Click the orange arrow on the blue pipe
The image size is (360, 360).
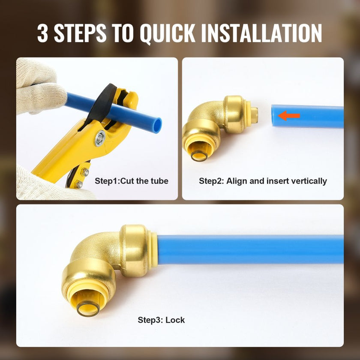point(289,115)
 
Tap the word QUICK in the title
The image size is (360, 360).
point(168,33)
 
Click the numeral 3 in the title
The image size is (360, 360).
point(42,33)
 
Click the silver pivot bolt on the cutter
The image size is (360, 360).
point(100,138)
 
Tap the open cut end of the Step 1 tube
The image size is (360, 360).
point(157,125)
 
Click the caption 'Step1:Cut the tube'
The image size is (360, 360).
point(132,181)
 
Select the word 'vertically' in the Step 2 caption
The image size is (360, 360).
point(309,181)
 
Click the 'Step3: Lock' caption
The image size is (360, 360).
point(161,320)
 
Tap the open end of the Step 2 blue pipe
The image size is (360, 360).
point(274,115)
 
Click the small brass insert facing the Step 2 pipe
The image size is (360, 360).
point(254,115)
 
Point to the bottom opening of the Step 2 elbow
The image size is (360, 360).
point(199,152)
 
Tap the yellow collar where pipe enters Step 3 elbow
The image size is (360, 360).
point(153,250)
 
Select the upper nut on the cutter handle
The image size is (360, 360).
point(85,172)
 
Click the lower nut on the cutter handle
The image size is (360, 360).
point(79,184)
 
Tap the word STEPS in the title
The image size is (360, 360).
point(80,33)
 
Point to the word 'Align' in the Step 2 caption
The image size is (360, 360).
point(237,181)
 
